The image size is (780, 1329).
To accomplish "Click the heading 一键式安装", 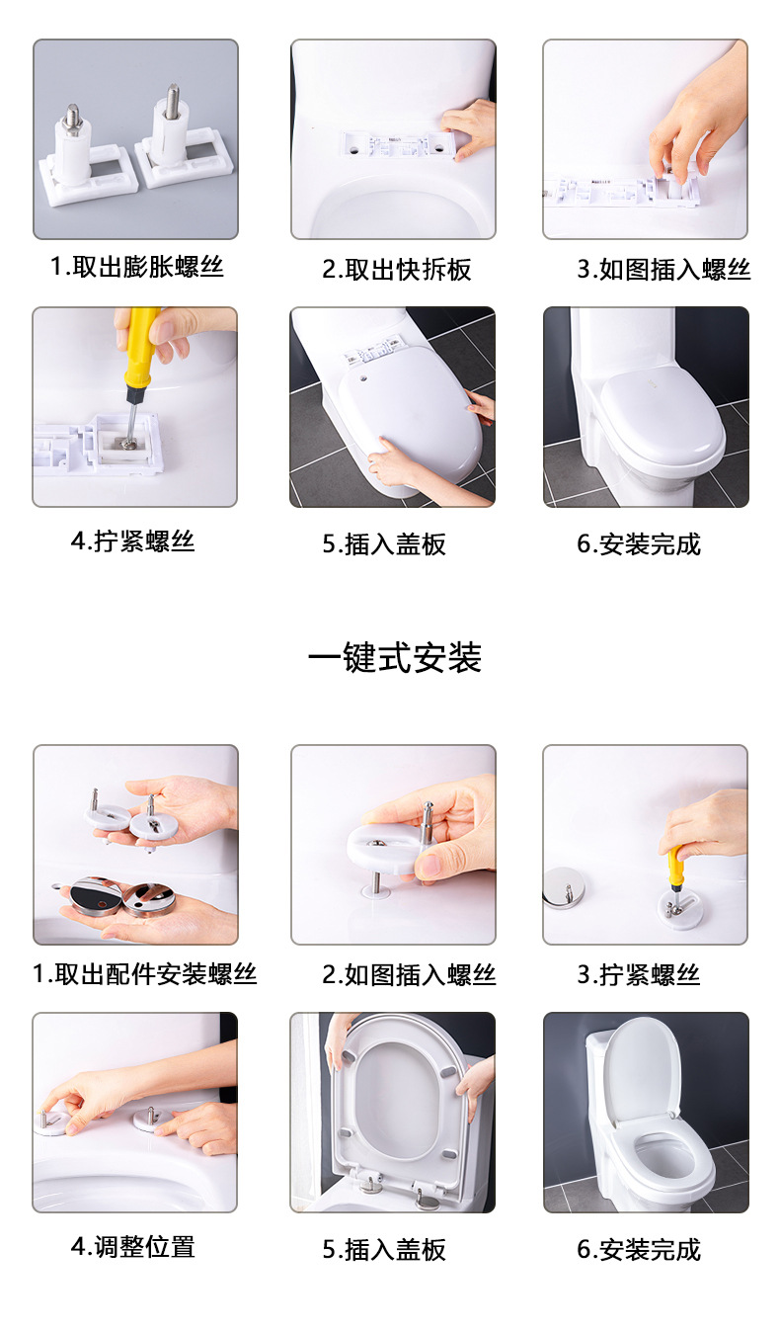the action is (395, 658).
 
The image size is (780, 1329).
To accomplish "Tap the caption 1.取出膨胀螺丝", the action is (137, 267).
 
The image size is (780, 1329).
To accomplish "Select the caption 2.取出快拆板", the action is (397, 270).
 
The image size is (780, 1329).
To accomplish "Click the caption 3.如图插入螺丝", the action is (663, 270).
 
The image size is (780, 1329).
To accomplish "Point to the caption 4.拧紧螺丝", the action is (132, 541).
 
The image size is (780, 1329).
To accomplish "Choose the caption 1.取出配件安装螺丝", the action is (144, 974).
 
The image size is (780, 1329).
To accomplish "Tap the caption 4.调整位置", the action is (132, 1247).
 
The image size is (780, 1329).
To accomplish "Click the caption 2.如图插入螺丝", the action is (409, 975).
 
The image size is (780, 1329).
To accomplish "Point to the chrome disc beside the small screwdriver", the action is (564, 887).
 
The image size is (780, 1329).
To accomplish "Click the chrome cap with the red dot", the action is (95, 897).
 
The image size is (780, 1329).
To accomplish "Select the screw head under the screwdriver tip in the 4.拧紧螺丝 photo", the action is (128, 443).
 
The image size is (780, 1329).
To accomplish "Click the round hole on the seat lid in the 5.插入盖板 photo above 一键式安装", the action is (363, 377).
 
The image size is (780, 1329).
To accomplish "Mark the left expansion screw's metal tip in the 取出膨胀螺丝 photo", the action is (73, 117).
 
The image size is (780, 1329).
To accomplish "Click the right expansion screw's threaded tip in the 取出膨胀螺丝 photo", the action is (173, 96).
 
